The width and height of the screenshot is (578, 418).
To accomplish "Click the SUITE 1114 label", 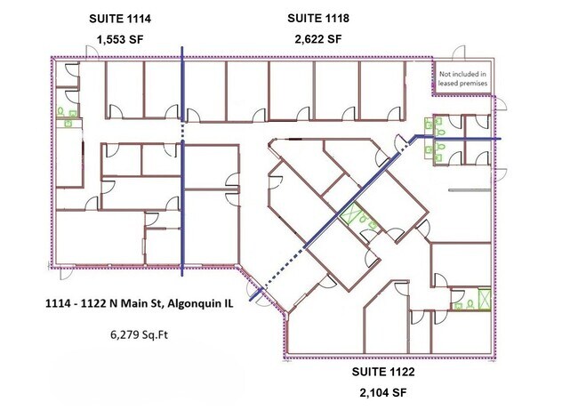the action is [120, 19].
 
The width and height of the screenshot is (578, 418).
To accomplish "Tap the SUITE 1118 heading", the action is [318, 18].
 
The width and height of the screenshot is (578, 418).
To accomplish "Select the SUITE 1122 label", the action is [383, 372].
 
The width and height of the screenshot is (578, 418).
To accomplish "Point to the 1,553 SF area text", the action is [120, 39].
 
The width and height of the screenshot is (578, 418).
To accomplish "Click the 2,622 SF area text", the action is [318, 39].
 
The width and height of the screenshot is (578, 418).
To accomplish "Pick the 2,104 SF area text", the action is [383, 393].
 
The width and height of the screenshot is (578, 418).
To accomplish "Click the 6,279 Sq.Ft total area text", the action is [139, 335].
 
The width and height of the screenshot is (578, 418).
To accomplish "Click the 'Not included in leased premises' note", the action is [462, 78].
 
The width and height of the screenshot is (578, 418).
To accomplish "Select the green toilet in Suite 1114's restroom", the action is [60, 110].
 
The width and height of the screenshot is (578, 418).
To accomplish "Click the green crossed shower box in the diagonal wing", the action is [348, 213].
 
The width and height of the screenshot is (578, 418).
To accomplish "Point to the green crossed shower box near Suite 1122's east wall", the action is [485, 298].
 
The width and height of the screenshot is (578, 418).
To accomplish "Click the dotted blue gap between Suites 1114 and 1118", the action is [182, 131].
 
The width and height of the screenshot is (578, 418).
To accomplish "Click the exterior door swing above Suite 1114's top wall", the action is [92, 52].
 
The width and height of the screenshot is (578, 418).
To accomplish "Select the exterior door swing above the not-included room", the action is [459, 52].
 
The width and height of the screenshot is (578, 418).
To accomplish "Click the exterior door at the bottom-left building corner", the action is [67, 273].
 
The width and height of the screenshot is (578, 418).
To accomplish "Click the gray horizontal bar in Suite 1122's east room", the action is [470, 190].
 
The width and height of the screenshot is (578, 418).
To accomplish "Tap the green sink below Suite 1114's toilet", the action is [68, 123].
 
